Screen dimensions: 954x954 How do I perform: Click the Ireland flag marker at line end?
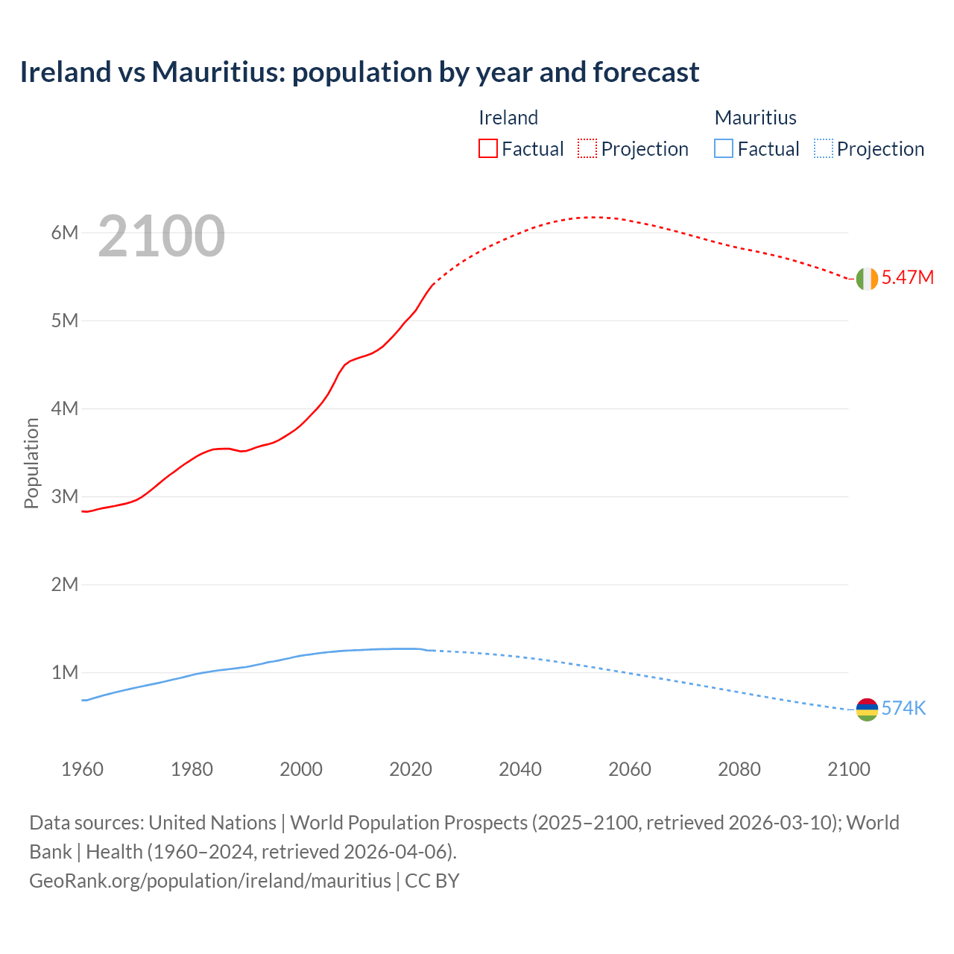[867, 279]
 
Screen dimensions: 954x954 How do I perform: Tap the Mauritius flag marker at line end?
[867, 710]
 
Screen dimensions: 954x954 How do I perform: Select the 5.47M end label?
[907, 278]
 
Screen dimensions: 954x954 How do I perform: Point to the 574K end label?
[903, 709]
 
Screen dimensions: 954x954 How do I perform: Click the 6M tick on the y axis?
[65, 233]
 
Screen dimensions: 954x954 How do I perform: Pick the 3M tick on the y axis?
[65, 496]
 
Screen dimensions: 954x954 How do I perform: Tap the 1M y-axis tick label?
[65, 672]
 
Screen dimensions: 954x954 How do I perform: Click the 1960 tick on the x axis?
[82, 769]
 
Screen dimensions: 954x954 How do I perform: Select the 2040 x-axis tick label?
[520, 769]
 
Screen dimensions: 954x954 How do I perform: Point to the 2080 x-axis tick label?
[739, 769]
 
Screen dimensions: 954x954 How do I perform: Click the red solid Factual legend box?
[488, 149]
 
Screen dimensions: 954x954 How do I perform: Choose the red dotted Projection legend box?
[587, 149]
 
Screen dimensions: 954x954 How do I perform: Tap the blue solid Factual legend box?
[724, 149]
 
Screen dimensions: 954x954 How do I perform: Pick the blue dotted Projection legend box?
[824, 149]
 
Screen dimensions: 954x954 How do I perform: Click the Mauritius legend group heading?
[755, 118]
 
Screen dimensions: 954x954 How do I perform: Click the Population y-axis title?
[31, 463]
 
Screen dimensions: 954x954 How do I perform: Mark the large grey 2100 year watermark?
[161, 236]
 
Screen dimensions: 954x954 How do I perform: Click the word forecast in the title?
[645, 72]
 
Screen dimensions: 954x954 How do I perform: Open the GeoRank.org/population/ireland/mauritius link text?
[210, 881]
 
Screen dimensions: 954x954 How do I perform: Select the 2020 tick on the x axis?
[411, 769]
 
